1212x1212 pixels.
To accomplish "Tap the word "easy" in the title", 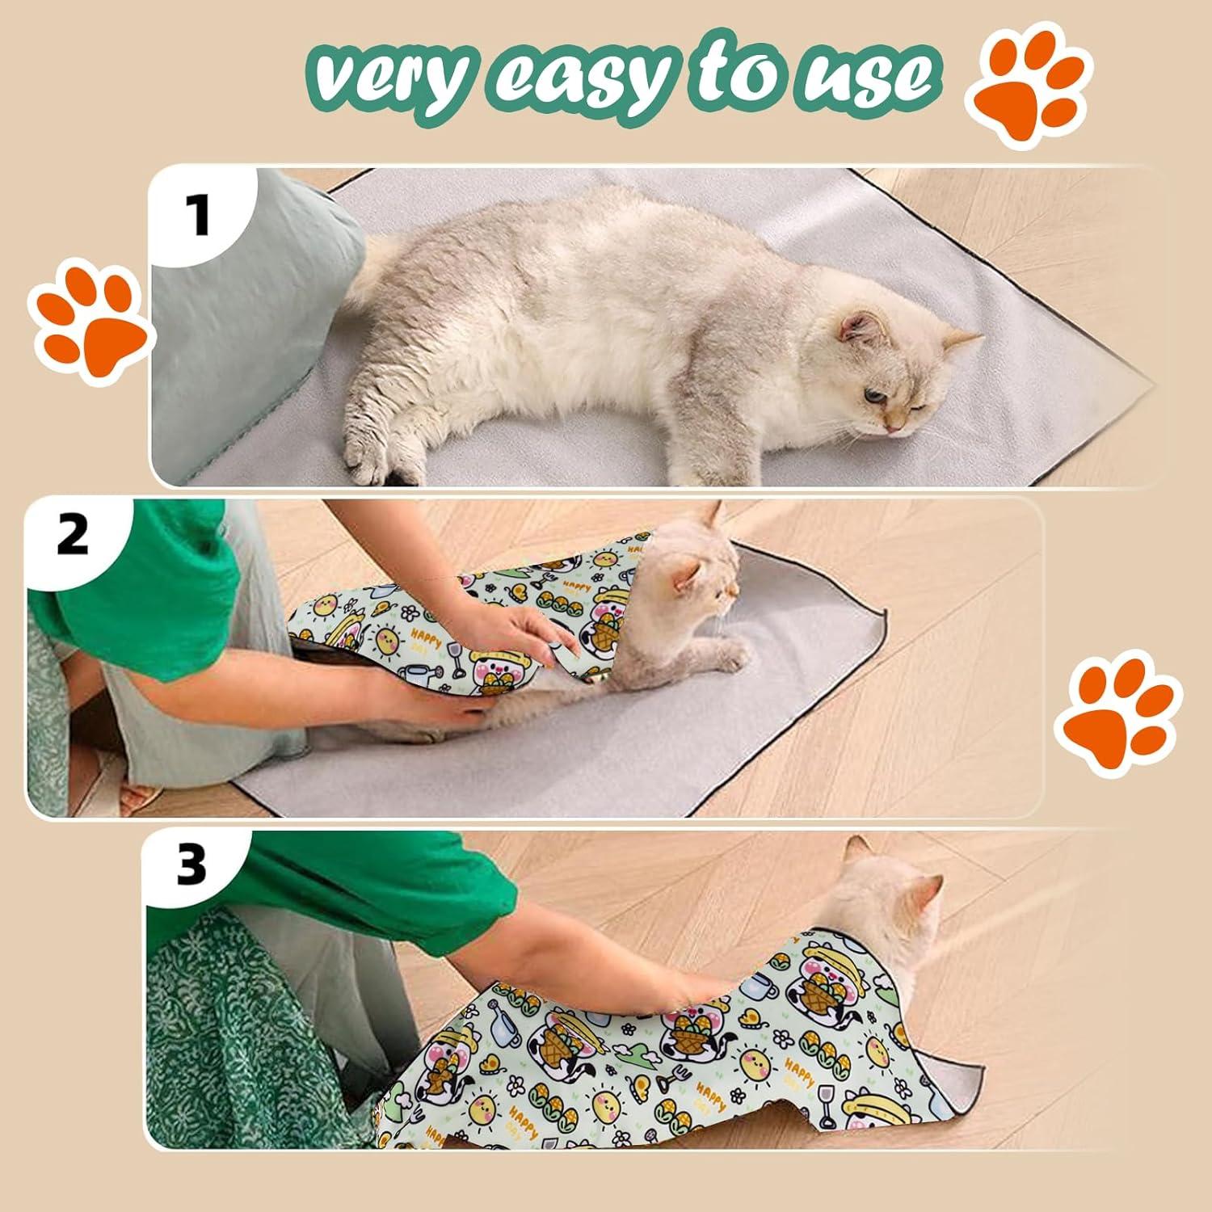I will click(582, 78).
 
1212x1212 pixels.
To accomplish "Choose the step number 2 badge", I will click(73, 535).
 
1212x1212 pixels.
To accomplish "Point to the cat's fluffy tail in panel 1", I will click(380, 267).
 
